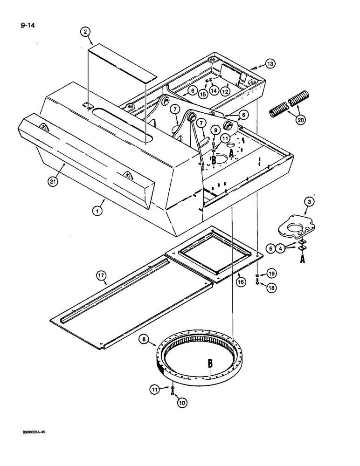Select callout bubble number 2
click(x=85, y=32)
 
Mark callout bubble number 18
click(x=271, y=288)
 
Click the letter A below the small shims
click(x=302, y=260)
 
